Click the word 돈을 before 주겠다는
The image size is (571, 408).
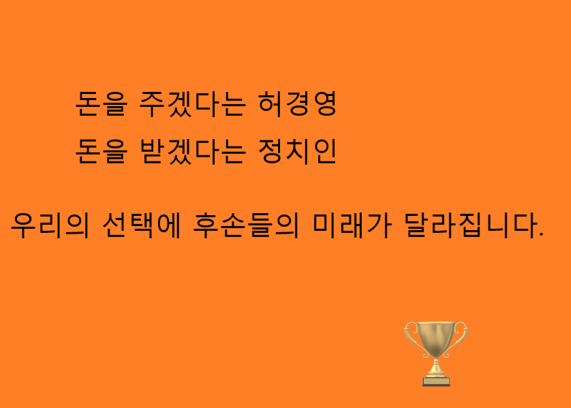[102, 104]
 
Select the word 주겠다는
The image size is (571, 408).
[193, 104]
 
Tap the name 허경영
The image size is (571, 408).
[297, 104]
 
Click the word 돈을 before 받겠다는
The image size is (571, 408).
[102, 151]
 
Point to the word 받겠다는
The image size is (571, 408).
[193, 151]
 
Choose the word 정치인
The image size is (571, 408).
[297, 151]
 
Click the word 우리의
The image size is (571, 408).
[50, 225]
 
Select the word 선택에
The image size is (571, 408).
[142, 225]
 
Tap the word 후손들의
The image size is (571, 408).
[246, 225]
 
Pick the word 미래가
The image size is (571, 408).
[352, 225]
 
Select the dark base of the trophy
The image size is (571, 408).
[436, 381]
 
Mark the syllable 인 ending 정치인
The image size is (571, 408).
[325, 151]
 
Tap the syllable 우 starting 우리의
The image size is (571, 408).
[24, 225]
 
